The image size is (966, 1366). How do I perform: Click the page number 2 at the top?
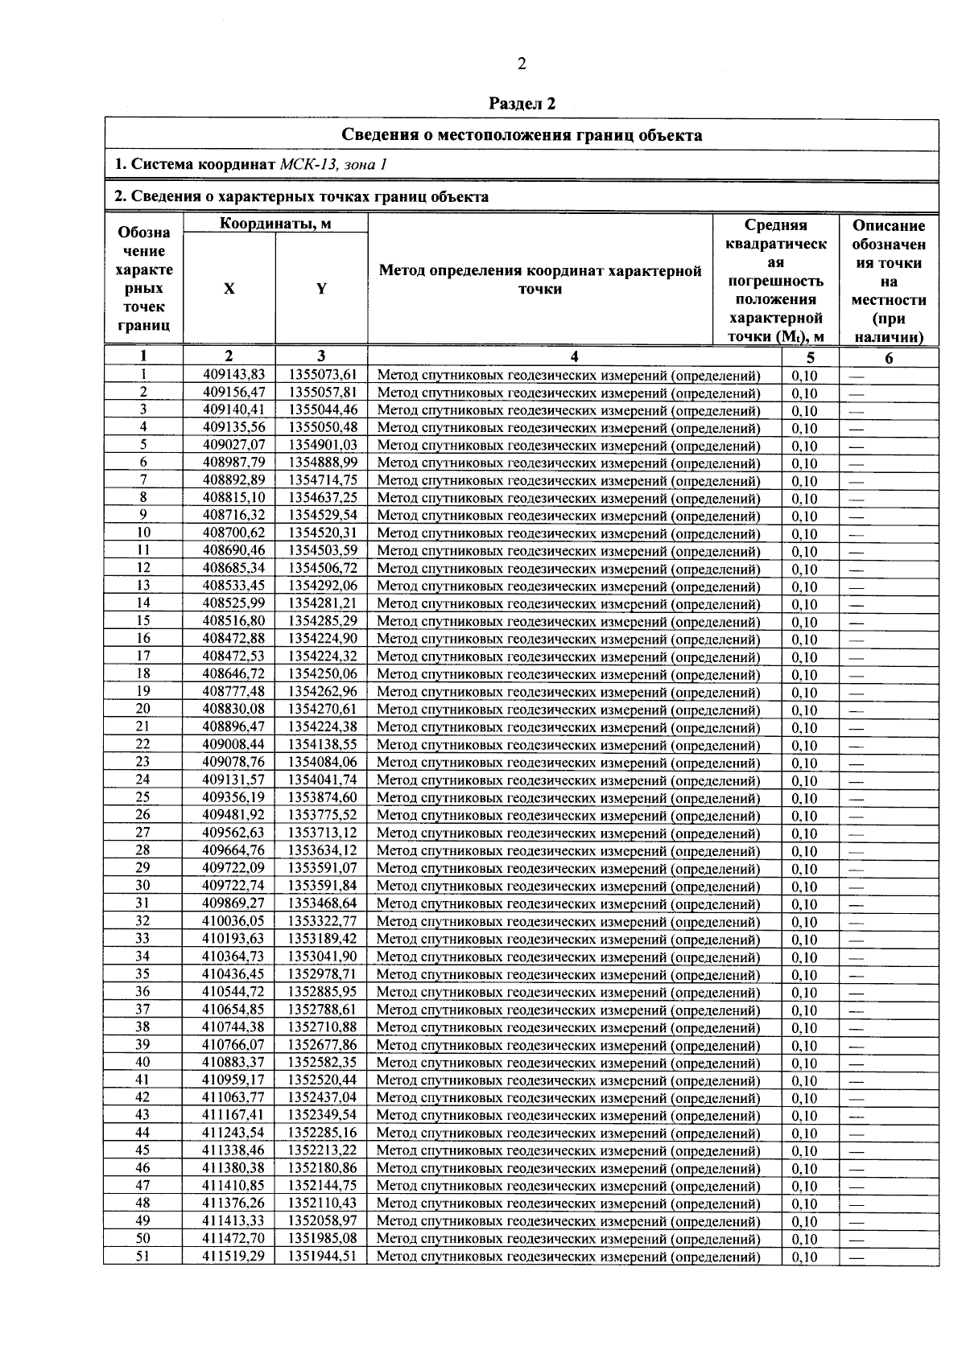(522, 64)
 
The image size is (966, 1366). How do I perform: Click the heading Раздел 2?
(522, 104)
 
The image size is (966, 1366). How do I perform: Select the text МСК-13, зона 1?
(333, 165)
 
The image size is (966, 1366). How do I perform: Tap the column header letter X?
(229, 289)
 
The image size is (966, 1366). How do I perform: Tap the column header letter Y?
(321, 289)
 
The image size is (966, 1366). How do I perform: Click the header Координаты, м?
(275, 224)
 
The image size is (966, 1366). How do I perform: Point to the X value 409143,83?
(233, 374)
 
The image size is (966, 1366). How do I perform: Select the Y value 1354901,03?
(322, 445)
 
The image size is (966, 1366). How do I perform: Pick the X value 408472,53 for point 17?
(233, 656)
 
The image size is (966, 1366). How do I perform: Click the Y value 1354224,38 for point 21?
(322, 726)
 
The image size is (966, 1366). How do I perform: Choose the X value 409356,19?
(233, 797)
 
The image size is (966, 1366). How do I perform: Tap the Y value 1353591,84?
(322, 886)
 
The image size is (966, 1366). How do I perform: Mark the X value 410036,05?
(233, 921)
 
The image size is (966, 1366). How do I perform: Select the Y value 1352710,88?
(322, 1027)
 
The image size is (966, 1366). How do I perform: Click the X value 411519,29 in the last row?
(233, 1256)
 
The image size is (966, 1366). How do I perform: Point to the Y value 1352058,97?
(322, 1221)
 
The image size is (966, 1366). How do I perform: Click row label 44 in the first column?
(142, 1133)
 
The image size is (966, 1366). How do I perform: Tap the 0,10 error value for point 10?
(803, 533)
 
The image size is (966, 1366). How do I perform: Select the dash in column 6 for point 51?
(857, 1257)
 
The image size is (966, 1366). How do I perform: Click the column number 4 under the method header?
(574, 357)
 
